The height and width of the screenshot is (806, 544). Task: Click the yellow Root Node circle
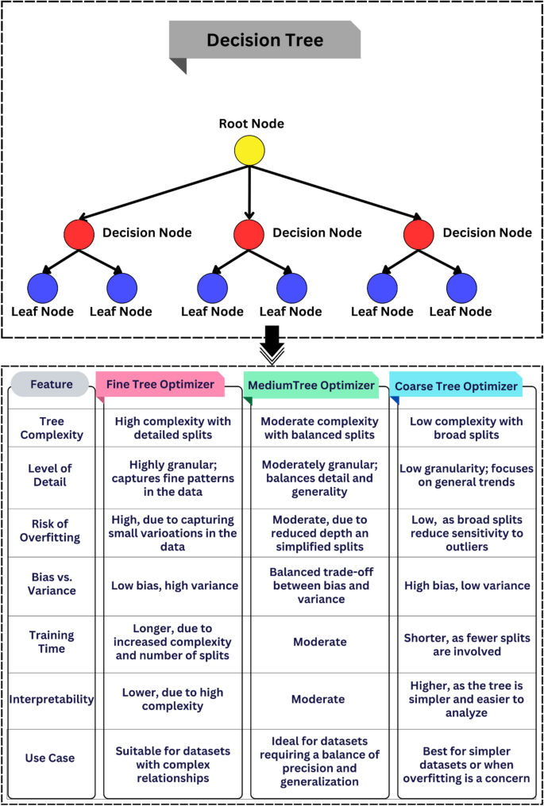249,150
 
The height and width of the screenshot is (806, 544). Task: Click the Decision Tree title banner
264,40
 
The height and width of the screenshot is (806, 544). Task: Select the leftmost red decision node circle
79,234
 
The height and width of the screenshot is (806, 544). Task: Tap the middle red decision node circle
249,234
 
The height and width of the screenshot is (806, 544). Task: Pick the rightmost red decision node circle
419,234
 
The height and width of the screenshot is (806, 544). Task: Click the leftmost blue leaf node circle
42,287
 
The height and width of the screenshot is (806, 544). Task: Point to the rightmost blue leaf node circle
461,287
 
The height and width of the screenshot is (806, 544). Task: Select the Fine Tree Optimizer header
160,385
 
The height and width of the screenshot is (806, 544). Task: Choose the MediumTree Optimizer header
311,386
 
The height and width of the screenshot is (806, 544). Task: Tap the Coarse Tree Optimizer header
455,386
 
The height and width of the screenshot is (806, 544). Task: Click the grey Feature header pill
51,385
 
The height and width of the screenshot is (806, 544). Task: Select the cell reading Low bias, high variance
172,585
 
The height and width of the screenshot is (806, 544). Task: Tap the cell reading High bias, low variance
466,585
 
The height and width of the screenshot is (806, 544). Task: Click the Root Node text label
251,124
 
